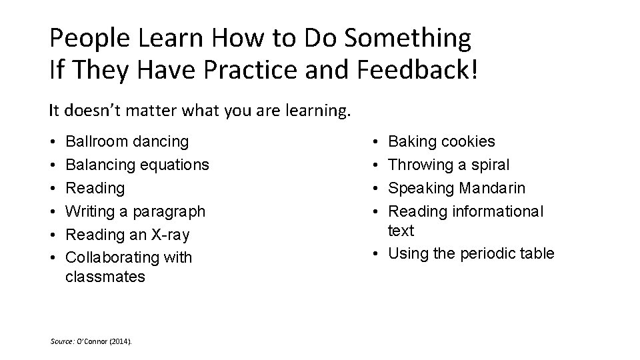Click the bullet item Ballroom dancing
127,141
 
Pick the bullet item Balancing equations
137,165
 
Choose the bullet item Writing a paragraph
135,211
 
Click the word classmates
105,277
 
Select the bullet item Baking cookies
441,141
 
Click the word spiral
489,165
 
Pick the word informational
498,211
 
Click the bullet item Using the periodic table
471,253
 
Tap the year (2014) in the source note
122,341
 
